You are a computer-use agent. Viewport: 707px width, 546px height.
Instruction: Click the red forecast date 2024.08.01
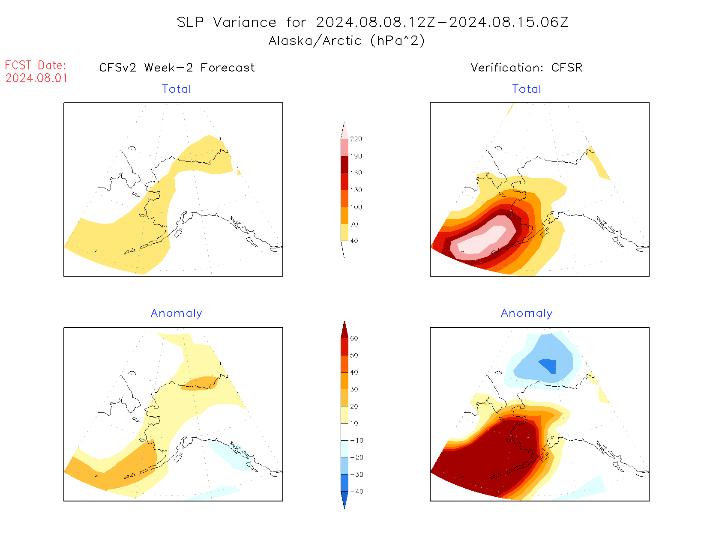[36, 78]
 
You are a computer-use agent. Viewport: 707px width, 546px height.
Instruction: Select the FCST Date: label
[36, 65]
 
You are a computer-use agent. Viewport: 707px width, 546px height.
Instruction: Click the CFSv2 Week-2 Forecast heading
[177, 68]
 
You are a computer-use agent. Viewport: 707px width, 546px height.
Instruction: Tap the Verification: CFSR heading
[526, 68]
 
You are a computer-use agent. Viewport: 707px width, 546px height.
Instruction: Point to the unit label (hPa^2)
[398, 41]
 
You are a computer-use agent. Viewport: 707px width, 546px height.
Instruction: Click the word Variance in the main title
[245, 22]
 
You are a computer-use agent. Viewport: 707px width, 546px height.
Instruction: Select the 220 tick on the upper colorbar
[356, 139]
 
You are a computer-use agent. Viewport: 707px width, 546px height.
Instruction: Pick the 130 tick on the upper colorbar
[356, 190]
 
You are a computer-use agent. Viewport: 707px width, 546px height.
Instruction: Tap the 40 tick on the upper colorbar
[354, 241]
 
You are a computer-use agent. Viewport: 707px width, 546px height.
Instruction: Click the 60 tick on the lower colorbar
[354, 338]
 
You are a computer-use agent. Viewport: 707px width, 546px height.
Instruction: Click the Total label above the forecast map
[177, 89]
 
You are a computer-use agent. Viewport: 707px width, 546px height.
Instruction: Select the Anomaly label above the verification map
[527, 313]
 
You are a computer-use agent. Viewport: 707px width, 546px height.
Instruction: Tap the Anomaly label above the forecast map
[177, 313]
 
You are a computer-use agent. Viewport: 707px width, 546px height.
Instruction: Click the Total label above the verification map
[527, 89]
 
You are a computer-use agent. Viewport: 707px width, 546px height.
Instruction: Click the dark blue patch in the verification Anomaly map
[549, 365]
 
